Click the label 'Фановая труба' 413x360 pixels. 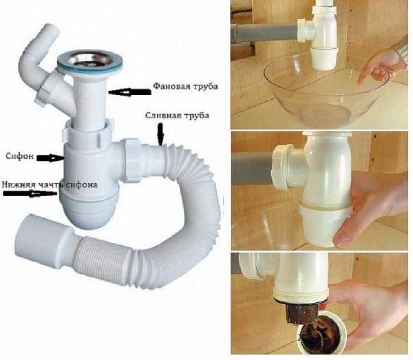tap(185, 86)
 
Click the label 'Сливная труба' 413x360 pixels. tap(178, 116)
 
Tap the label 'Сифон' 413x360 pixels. tap(20, 156)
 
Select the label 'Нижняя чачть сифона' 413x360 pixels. tap(50, 184)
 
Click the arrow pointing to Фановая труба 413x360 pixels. tap(129, 92)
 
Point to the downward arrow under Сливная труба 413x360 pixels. tap(160, 135)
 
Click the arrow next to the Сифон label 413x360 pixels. tap(50, 158)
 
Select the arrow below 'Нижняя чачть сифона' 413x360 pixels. tap(30, 193)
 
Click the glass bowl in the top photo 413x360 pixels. tap(320, 95)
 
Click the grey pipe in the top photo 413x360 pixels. tap(265, 32)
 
